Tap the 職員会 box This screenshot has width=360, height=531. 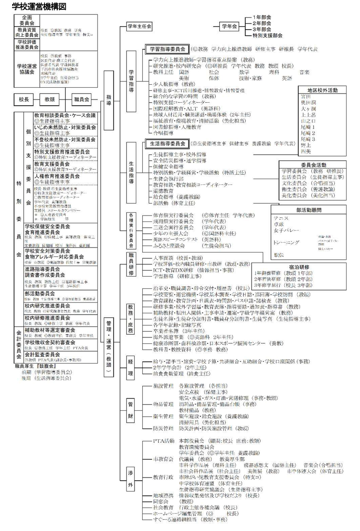[81, 98]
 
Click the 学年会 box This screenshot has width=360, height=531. [229, 27]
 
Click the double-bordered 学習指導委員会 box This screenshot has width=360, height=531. [166, 49]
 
